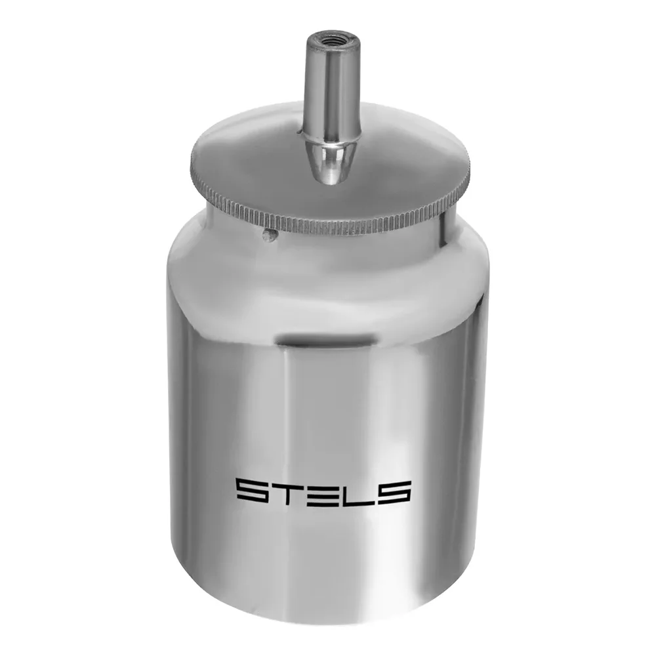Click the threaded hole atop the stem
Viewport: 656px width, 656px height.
(333, 41)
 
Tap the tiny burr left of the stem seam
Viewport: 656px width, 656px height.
(299, 133)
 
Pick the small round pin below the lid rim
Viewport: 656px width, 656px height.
(269, 235)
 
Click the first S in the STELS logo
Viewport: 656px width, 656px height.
(253, 492)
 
